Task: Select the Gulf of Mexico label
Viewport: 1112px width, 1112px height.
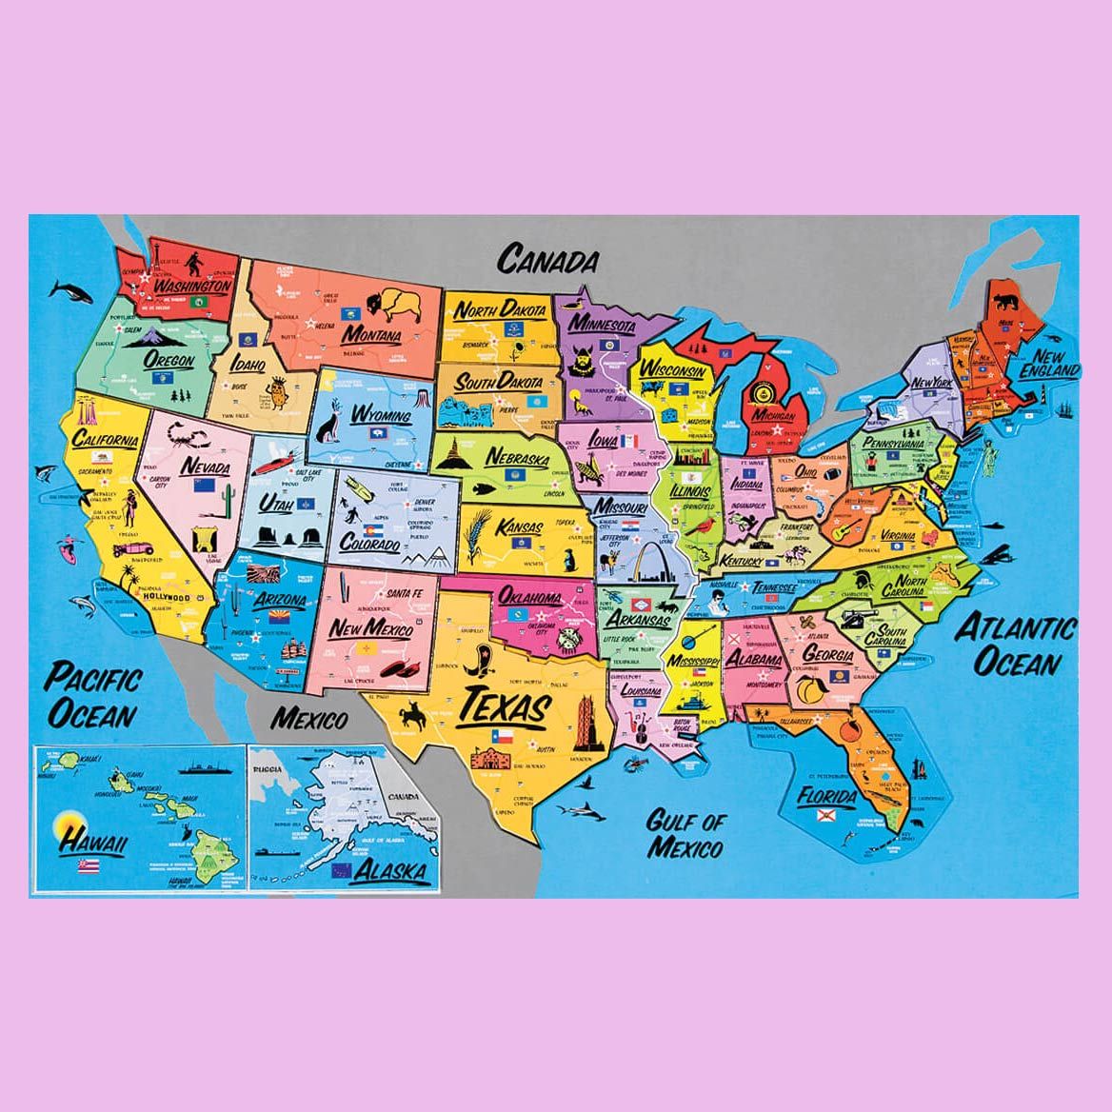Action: coord(685,833)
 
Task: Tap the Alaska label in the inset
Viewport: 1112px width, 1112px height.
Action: coord(391,869)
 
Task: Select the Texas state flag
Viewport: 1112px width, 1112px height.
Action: coord(503,736)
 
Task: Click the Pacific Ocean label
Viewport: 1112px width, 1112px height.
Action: coord(92,695)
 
